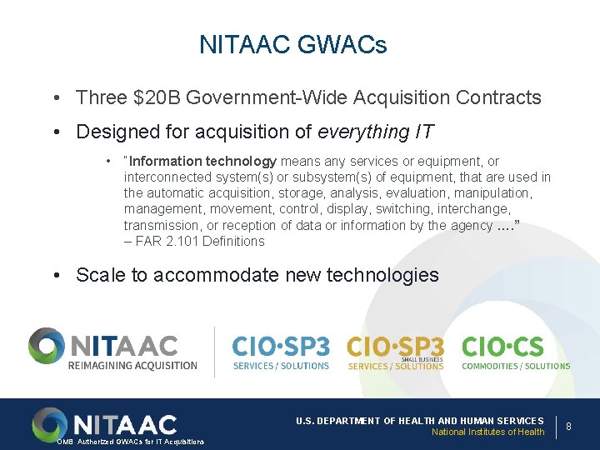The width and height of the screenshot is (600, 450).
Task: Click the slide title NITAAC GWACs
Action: (x=293, y=44)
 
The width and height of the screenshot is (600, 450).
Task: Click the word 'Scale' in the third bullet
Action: (x=99, y=275)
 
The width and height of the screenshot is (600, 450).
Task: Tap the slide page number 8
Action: (x=568, y=426)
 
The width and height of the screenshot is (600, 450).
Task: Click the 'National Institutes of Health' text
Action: (x=487, y=432)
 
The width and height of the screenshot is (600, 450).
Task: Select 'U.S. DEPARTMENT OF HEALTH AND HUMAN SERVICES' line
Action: (x=419, y=421)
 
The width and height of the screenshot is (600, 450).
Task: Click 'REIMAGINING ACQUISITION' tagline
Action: (x=134, y=365)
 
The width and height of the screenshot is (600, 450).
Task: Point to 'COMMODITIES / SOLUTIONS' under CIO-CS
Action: (x=516, y=366)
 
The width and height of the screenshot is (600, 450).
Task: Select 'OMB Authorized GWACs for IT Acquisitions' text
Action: (x=130, y=442)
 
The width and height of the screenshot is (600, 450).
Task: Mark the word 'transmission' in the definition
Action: (x=162, y=226)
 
